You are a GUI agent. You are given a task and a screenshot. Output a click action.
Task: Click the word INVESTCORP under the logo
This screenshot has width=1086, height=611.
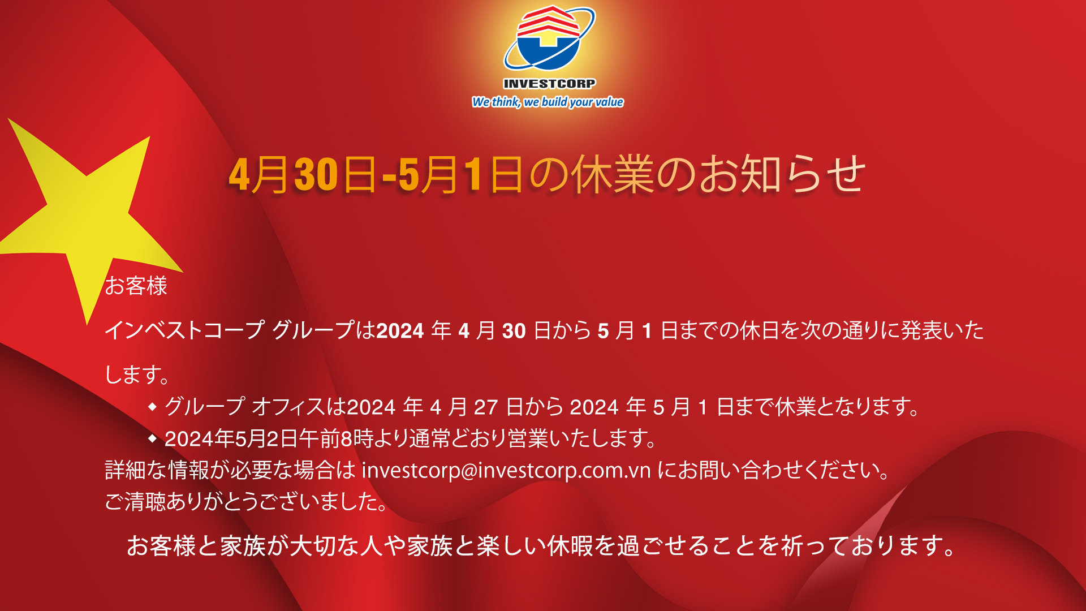(549, 84)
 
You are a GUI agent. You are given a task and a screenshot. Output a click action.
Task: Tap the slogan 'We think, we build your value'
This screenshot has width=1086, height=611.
(548, 102)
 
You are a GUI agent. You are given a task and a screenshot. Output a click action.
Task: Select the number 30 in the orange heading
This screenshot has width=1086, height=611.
(316, 174)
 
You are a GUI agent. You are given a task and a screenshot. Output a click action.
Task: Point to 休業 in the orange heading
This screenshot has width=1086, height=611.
(612, 174)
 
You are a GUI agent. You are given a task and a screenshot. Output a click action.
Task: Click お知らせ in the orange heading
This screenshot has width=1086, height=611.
(782, 174)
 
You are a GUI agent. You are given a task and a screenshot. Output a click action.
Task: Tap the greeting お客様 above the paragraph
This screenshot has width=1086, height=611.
(136, 286)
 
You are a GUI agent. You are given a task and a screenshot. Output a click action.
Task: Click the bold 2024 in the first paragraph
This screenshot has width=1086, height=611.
(400, 330)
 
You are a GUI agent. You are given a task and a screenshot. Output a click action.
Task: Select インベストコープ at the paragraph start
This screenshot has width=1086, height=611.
(184, 330)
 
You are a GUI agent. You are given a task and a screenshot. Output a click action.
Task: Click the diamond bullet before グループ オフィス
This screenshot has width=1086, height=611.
(152, 406)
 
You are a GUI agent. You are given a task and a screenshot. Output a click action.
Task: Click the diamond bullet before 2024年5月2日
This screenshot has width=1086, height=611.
(152, 438)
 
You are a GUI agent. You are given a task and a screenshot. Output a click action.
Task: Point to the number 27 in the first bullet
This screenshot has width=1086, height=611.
(485, 407)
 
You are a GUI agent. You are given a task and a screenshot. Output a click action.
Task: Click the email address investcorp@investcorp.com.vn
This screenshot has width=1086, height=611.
(506, 470)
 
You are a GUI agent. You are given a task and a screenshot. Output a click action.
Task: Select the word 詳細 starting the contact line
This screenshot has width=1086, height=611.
(126, 470)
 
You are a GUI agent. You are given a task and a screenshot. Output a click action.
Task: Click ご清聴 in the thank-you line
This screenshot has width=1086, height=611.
(136, 502)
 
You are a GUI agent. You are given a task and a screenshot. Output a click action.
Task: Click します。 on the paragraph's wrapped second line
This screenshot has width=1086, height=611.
(137, 375)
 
